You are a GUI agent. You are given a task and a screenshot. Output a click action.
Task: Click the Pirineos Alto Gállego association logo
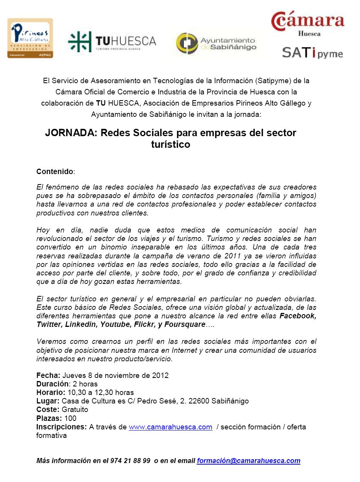pyautogui.click(x=30, y=38)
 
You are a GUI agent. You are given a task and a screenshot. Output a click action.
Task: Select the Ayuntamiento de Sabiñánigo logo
pyautogui.click(x=216, y=43)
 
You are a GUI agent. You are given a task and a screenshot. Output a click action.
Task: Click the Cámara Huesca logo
pyautogui.click(x=308, y=23)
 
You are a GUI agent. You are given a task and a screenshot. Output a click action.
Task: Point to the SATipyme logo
pyautogui.click(x=312, y=52)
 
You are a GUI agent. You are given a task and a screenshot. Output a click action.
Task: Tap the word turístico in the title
pyautogui.click(x=170, y=145)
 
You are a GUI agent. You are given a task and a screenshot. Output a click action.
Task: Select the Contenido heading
pyautogui.click(x=55, y=171)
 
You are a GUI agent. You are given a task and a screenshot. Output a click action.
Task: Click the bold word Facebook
pyautogui.click(x=298, y=316)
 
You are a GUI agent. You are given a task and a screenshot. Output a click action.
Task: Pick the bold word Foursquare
pyautogui.click(x=185, y=325)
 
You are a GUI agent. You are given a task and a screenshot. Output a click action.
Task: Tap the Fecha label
pyautogui.click(x=48, y=376)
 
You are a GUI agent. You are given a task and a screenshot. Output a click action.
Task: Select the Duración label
pyautogui.click(x=53, y=384)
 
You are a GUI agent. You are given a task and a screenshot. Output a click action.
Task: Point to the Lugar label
pyautogui.click(x=48, y=401)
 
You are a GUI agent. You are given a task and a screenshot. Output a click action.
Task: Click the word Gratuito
pyautogui.click(x=75, y=410)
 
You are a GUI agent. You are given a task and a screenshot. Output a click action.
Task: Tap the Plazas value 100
pyautogui.click(x=70, y=418)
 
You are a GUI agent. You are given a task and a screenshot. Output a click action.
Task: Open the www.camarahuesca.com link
pyautogui.click(x=170, y=427)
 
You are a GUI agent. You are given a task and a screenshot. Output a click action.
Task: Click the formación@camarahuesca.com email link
pyautogui.click(x=249, y=461)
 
